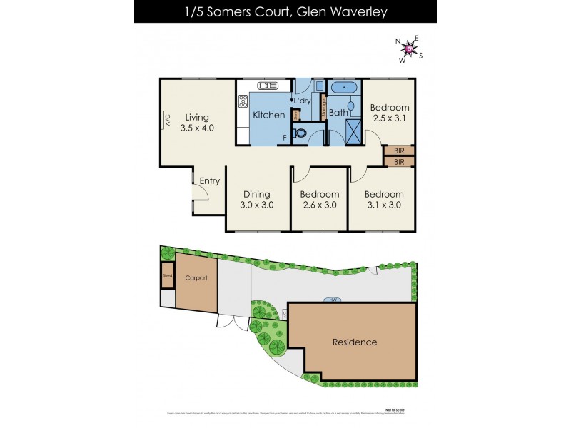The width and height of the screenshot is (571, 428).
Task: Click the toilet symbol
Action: tap(300, 133)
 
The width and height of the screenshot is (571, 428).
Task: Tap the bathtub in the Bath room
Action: tap(344, 88)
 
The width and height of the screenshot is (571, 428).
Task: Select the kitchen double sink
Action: tap(268, 86)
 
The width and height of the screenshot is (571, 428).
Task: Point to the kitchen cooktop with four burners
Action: tap(243, 101)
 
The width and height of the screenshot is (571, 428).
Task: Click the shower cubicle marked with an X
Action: tap(354, 132)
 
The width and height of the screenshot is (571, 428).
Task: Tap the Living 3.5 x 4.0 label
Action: tap(197, 123)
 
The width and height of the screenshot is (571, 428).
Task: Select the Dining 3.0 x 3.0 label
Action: tap(258, 199)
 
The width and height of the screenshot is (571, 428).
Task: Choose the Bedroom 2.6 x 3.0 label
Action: tap(319, 199)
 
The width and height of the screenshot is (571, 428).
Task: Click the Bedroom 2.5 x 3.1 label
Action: tap(389, 113)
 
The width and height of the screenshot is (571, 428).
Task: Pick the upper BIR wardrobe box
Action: tap(398, 151)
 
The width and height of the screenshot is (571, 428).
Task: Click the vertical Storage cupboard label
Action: tap(323, 108)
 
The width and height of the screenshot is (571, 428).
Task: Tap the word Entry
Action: tap(210, 181)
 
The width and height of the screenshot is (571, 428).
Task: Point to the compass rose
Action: tap(409, 49)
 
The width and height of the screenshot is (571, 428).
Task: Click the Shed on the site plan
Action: tap(168, 275)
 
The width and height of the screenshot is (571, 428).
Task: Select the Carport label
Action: tap(196, 278)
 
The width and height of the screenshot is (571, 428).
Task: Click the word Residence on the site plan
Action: tap(355, 342)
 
